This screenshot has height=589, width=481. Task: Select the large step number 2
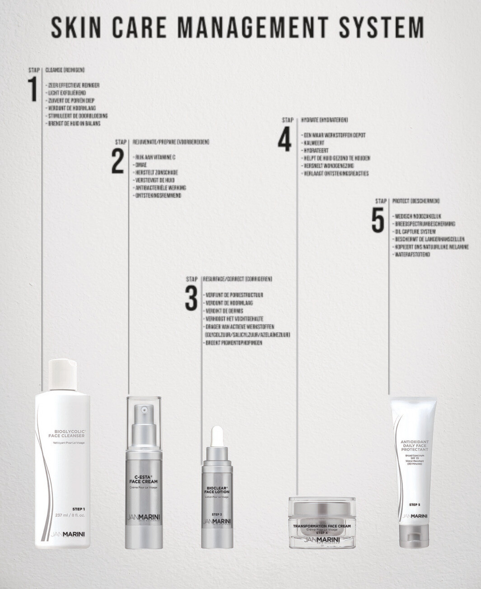pos(117,161)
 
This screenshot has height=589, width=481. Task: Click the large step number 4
pos(285,140)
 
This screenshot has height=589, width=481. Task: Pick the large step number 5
pos(378,221)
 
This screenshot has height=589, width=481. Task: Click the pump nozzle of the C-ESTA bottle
pos(144,411)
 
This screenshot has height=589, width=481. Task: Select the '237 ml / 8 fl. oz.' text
pos(70,515)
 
